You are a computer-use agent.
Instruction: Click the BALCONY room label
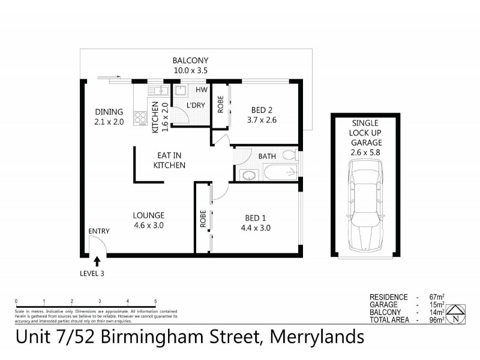pyautogui.click(x=190, y=61)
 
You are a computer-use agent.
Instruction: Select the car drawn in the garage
pyautogui.click(x=365, y=209)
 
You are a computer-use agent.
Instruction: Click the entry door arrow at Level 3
pyautogui.click(x=97, y=260)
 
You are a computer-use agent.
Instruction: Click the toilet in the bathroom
pyautogui.click(x=289, y=156)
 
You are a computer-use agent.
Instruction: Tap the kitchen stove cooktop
pyautogui.click(x=140, y=118)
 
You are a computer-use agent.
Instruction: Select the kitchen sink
pyautogui.click(x=159, y=91)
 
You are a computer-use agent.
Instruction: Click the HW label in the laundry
pyautogui.click(x=201, y=91)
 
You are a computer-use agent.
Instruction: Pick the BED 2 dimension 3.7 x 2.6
pyautogui.click(x=262, y=119)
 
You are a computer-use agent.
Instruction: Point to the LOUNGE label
pyautogui.click(x=149, y=215)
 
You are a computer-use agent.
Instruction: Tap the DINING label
pyautogui.click(x=109, y=112)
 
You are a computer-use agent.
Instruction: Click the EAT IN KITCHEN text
pyautogui.click(x=169, y=160)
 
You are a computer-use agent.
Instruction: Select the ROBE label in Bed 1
pyautogui.click(x=203, y=219)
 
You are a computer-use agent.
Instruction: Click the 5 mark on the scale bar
pyautogui.click(x=155, y=301)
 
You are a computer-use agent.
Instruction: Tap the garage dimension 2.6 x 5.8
pyautogui.click(x=366, y=152)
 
